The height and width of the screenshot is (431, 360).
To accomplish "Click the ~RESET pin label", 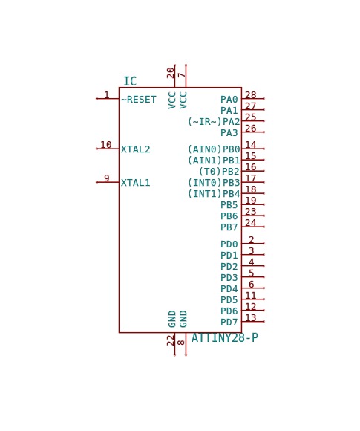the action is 138,100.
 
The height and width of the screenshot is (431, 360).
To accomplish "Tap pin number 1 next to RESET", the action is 107,95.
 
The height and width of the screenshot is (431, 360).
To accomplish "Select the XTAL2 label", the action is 136,149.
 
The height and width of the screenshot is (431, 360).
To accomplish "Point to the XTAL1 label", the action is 136,183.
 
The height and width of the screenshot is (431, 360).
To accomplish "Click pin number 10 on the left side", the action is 106,145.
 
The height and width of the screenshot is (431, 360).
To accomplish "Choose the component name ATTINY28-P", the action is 225,338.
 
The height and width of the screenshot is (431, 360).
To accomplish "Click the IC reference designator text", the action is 130,81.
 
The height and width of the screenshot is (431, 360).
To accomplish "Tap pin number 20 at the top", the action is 171,73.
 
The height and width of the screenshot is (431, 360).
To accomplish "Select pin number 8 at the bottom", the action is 181,343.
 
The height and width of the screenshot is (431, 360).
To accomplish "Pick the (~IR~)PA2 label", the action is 214,121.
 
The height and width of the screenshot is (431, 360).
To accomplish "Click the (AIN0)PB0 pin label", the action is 214,149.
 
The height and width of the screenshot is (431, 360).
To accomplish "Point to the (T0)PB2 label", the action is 219,172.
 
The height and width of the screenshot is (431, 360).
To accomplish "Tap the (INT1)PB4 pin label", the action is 214,194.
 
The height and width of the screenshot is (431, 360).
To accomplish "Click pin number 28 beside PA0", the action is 251,95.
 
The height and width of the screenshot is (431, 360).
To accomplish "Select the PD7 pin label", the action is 229,323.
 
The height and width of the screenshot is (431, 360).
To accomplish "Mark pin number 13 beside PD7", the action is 251,318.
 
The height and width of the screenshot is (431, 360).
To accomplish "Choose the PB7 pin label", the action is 229,227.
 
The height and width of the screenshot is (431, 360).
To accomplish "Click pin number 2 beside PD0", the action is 252,240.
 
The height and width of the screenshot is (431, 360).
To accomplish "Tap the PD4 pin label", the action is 229,289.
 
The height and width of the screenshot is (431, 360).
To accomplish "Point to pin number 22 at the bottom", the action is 171,340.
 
